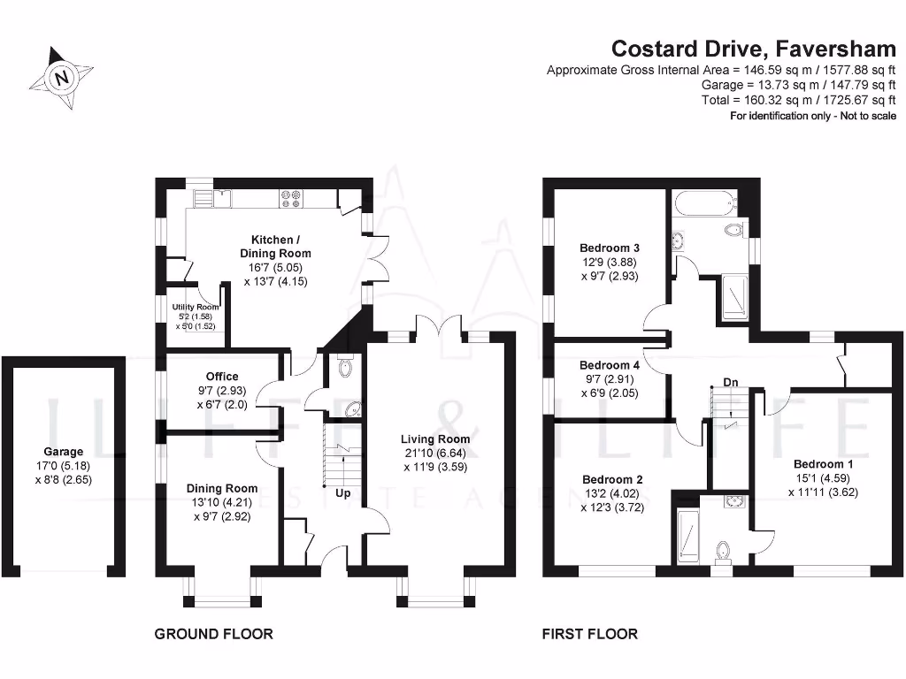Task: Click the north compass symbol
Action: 62,78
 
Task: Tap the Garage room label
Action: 69,452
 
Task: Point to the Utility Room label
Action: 196,307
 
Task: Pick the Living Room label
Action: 435,439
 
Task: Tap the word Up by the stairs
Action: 342,493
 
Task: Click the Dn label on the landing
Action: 731,382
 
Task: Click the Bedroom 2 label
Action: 610,480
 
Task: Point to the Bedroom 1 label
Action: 824,464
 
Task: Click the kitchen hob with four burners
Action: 291,198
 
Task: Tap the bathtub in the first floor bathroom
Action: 703,203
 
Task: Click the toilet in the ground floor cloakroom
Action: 346,368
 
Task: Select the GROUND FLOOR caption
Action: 213,634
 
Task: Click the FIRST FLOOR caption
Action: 589,634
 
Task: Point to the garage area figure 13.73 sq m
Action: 759,85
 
